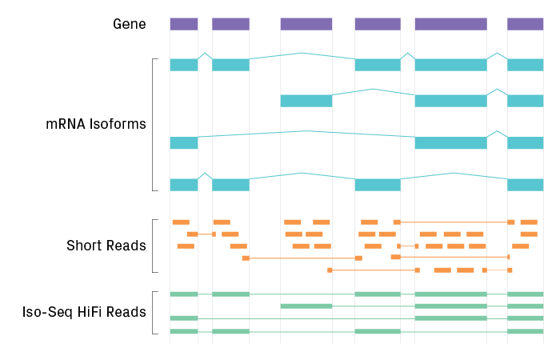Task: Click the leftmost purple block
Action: pyautogui.click(x=183, y=24)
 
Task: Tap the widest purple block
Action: pyautogui.click(x=450, y=24)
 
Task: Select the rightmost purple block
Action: pyautogui.click(x=525, y=24)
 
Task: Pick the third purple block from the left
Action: pyautogui.click(x=306, y=24)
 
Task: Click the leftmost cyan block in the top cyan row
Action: pyautogui.click(x=183, y=65)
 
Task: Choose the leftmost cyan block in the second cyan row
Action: pyautogui.click(x=306, y=101)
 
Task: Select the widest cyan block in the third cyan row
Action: pyautogui.click(x=450, y=143)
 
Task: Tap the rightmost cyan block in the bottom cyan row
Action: pyautogui.click(x=525, y=185)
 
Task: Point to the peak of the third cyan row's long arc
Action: pyautogui.click(x=302, y=131)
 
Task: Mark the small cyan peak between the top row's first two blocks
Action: pyautogui.click(x=205, y=54)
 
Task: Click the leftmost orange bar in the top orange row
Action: pyautogui.click(x=181, y=222)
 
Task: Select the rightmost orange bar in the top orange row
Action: pyautogui.click(x=529, y=222)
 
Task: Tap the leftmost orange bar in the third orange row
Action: pyautogui.click(x=186, y=246)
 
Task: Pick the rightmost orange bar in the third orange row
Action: pyautogui.click(x=521, y=246)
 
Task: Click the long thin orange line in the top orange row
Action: pyautogui.click(x=454, y=222)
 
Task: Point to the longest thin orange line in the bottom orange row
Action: pyautogui.click(x=374, y=270)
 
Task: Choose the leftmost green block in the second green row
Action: pyautogui.click(x=306, y=306)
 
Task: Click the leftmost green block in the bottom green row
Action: pyautogui.click(x=183, y=331)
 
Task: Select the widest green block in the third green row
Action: pyautogui.click(x=450, y=318)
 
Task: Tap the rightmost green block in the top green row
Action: pyautogui.click(x=525, y=294)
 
